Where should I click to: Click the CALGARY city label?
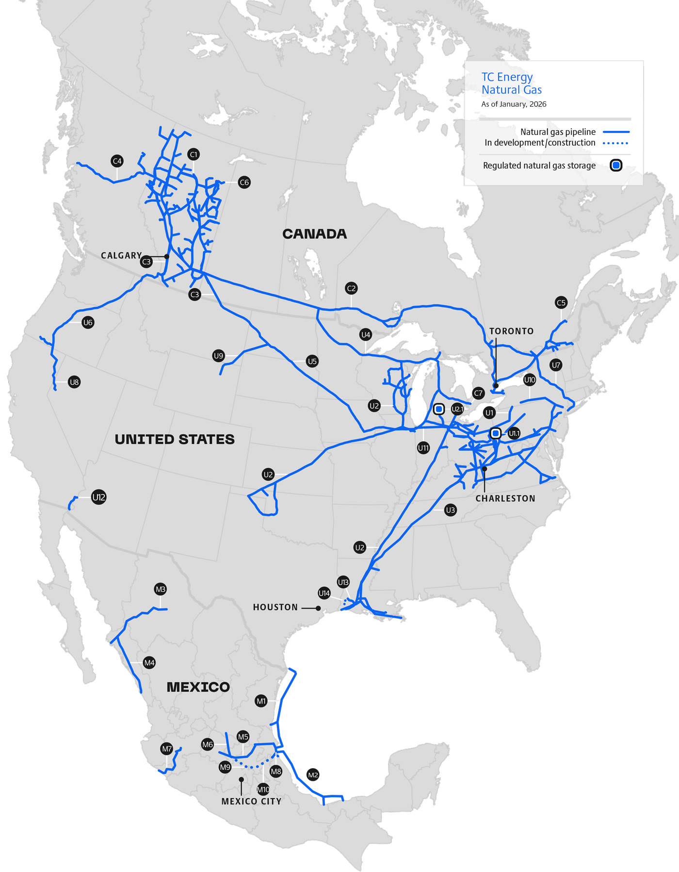(x=121, y=255)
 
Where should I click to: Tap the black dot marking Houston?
(x=318, y=608)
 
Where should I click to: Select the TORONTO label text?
(x=511, y=331)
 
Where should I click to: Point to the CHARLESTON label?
(x=505, y=498)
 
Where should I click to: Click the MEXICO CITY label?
(x=251, y=801)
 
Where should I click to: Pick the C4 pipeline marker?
(x=117, y=161)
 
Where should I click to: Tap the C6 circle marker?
(x=244, y=182)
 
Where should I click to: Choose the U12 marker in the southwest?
(x=98, y=497)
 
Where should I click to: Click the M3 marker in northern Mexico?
(x=160, y=589)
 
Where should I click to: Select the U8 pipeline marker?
(x=74, y=382)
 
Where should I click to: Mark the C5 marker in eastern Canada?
(x=561, y=303)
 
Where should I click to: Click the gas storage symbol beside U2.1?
(x=438, y=409)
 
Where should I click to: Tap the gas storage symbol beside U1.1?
(x=495, y=433)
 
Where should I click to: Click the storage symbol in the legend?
(x=615, y=165)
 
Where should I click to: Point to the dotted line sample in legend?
(x=615, y=143)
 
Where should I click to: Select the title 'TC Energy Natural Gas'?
(x=511, y=83)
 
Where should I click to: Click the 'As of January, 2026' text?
(x=514, y=104)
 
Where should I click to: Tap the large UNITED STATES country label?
(x=175, y=439)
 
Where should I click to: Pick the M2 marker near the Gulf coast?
(x=313, y=775)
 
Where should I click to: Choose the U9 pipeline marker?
(x=218, y=356)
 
